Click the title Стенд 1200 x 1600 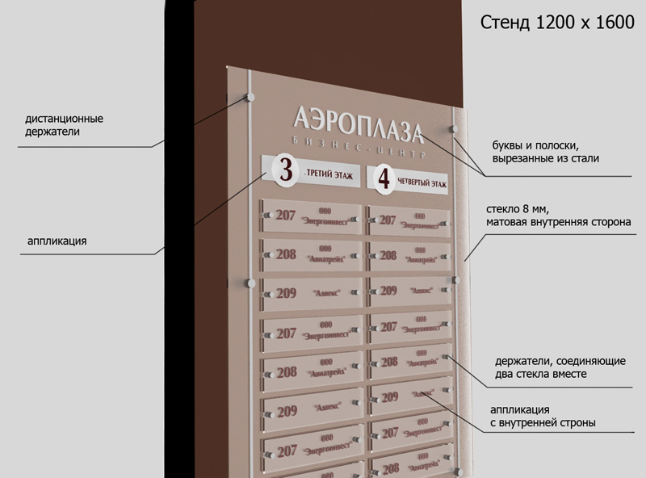557,23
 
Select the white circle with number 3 285,170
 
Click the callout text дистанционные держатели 64,124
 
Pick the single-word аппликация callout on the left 57,240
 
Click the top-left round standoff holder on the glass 250,97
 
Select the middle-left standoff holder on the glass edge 250,284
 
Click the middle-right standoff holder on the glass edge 456,280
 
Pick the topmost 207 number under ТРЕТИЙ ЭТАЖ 286,215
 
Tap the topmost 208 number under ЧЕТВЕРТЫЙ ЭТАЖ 388,255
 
